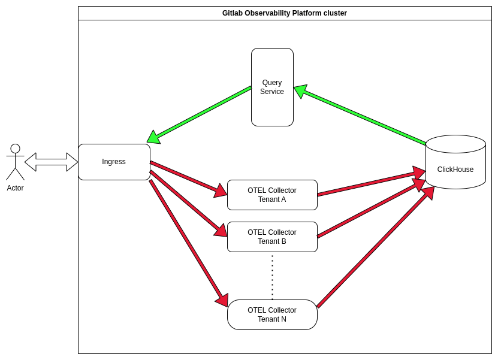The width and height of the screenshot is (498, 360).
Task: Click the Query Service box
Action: coord(272,87)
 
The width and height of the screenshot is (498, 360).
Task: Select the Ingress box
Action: coord(114,162)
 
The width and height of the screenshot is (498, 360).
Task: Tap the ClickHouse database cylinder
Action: coord(455,169)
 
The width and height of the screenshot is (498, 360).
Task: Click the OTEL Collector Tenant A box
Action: coord(272,195)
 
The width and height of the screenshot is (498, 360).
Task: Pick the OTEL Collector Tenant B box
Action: coord(272,237)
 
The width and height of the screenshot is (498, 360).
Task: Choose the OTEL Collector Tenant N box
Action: coord(272,314)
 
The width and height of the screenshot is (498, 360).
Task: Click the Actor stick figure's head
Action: coord(15,149)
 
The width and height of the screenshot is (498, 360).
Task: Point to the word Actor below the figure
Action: coord(15,188)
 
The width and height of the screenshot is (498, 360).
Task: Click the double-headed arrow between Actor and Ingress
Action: coord(51,162)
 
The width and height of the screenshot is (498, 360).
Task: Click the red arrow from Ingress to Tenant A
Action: coord(186,177)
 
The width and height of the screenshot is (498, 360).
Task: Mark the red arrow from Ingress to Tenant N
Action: coord(187,241)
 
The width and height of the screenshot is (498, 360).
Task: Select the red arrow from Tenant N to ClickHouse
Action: coord(375,249)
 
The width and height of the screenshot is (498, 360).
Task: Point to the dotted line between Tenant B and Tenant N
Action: coord(272,276)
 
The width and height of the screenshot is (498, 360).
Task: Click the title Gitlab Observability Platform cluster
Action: coord(284,13)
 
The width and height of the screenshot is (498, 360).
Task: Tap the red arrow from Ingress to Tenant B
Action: coord(187,202)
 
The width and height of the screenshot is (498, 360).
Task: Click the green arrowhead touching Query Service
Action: coord(300,91)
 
